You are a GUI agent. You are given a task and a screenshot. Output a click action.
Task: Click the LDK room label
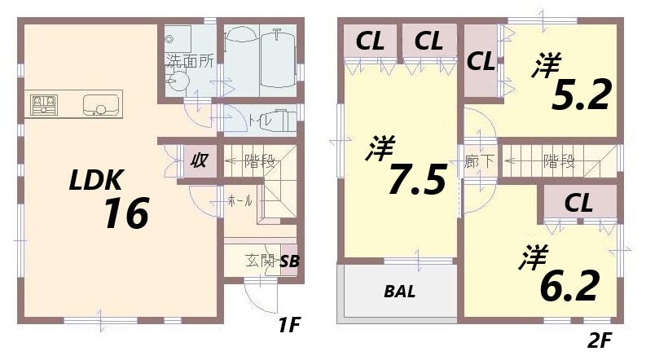[x=95, y=179]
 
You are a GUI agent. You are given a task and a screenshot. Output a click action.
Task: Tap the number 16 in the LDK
[x=126, y=214]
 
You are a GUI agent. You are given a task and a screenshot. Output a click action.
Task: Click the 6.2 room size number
[x=570, y=284]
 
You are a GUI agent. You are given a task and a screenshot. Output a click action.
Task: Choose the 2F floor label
[x=596, y=337]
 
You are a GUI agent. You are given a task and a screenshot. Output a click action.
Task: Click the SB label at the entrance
[x=288, y=261]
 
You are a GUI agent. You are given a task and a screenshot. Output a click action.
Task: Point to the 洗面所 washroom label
[x=191, y=59]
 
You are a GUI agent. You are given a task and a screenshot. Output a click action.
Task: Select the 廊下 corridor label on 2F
[x=479, y=160]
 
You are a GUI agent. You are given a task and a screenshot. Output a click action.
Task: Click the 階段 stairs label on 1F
[x=259, y=161]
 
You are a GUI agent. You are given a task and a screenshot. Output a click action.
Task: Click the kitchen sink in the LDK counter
[x=101, y=105]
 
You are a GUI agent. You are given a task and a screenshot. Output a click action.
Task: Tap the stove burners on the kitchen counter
[x=45, y=104]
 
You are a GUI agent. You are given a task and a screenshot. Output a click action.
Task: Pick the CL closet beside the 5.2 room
[x=481, y=61]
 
